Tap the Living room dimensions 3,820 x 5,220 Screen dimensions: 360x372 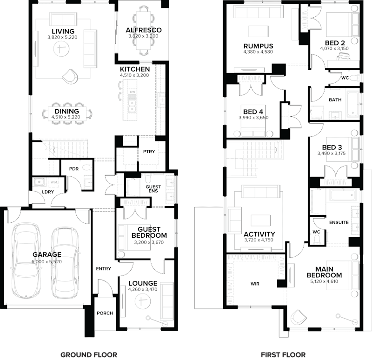pos(61,37)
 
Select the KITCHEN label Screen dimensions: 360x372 pos(135,69)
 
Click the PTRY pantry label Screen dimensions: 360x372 pos(149,152)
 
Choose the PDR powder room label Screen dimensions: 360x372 pos(73,169)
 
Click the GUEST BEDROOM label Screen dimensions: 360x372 pos(149,232)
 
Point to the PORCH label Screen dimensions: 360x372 pos(105,313)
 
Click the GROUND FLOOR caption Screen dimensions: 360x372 pos(89,354)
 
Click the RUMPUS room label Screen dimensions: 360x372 pos(258,46)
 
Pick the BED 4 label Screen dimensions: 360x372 pos(253,112)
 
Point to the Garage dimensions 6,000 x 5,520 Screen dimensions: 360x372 pos(46,262)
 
